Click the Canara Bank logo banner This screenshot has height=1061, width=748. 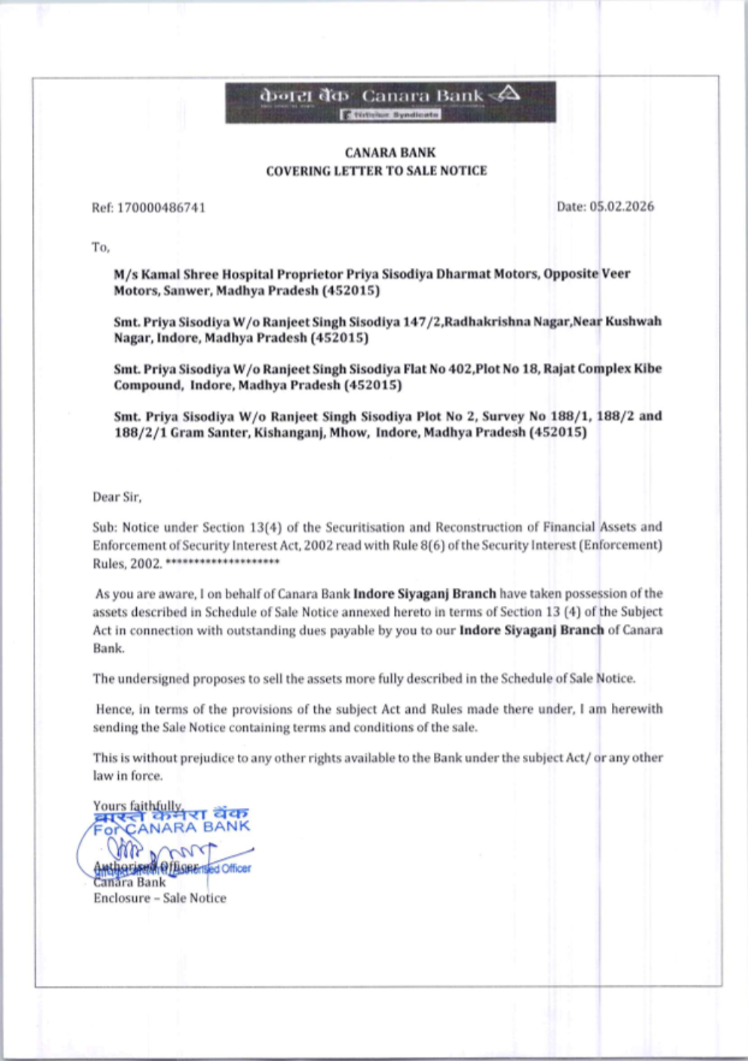click(x=390, y=102)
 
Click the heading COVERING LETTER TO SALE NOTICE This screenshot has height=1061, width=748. click(x=376, y=171)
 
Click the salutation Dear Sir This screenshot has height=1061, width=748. click(x=117, y=497)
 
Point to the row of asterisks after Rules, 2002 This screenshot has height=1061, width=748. click(x=222, y=562)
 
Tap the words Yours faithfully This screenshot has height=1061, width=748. click(x=138, y=805)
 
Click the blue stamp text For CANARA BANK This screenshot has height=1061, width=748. click(x=172, y=828)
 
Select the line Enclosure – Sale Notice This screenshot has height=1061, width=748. click(x=159, y=898)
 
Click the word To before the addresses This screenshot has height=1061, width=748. click(x=100, y=247)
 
